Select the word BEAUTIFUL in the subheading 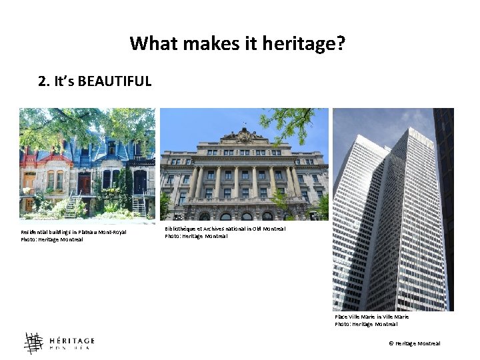[x=114, y=81]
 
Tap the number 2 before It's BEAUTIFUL [x=43, y=81]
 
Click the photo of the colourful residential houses [x=87, y=163]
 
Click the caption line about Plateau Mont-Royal [x=73, y=232]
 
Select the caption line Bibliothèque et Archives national [x=225, y=229]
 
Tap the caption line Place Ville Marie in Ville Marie [x=371, y=317]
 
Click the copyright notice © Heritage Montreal [x=415, y=343]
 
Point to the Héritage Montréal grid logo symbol [x=33, y=343]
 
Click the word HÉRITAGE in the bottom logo [x=72, y=340]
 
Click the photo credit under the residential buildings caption [x=52, y=239]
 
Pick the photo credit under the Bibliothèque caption [x=196, y=236]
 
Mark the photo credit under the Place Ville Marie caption [x=366, y=324]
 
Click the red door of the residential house [x=84, y=183]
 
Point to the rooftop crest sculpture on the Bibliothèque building [x=244, y=135]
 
